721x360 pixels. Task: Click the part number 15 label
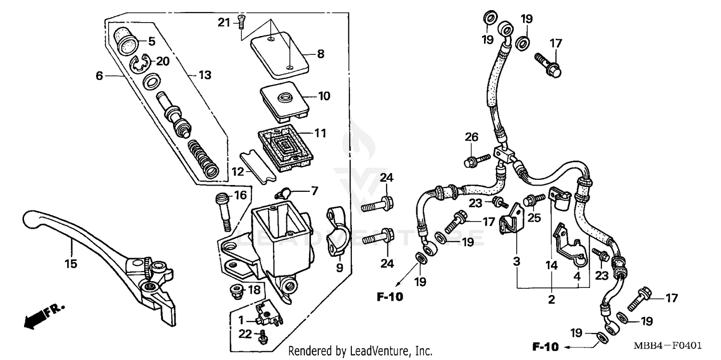tap(71, 263)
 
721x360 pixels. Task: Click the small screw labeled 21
tap(241, 22)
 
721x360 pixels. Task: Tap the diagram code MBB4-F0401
tap(671, 346)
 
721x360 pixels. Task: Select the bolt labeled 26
tap(476, 160)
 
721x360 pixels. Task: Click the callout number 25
tap(534, 218)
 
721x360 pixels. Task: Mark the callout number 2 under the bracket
tap(551, 299)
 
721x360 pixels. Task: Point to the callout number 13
tap(205, 75)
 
